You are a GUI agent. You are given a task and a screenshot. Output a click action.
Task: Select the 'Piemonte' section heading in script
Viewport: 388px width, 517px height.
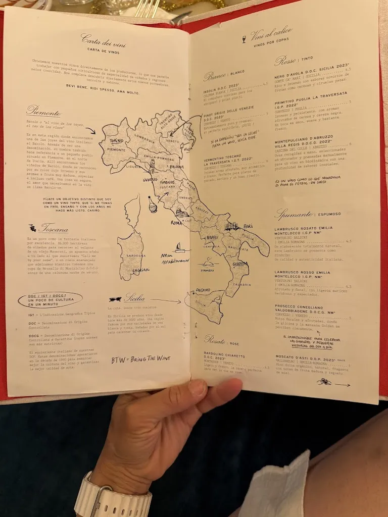coord(44,112)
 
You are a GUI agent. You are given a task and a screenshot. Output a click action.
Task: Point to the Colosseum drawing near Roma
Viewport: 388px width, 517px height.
coord(181,213)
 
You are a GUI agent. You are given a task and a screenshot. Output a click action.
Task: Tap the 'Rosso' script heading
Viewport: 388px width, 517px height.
coord(285,61)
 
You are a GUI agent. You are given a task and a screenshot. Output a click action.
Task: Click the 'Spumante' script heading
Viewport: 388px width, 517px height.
coord(293,214)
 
